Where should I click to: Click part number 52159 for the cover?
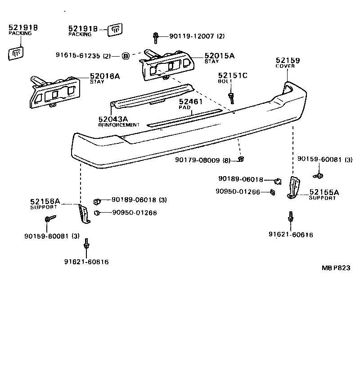point(288,60)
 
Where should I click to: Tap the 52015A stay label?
point(220,56)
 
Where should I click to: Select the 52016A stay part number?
point(105,76)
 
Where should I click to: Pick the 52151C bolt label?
point(233,76)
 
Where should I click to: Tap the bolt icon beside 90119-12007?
point(156,36)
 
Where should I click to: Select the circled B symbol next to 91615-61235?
point(126,56)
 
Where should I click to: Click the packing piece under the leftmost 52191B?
point(16,53)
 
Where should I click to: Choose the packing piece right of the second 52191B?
point(115,30)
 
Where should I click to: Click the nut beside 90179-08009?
point(241,159)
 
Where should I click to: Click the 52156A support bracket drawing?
point(84,214)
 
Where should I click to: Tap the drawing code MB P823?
point(336,267)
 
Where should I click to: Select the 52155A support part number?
point(324,193)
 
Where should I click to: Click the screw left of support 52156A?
point(49,219)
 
